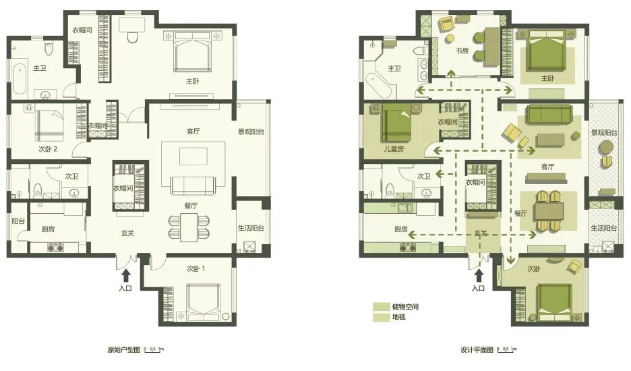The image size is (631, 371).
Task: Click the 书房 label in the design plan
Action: click(x=462, y=51)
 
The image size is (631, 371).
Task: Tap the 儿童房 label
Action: click(x=394, y=148)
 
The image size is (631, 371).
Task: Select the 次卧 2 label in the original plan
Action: click(x=48, y=149)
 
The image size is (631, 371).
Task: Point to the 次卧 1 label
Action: click(x=196, y=268)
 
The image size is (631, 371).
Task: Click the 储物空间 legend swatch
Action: click(x=381, y=306)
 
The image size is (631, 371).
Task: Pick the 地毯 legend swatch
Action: click(x=381, y=318)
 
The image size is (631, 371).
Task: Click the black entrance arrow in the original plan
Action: click(x=126, y=275)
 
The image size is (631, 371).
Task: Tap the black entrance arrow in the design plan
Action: click(x=479, y=275)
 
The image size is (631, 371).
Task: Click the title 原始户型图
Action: click(x=124, y=349)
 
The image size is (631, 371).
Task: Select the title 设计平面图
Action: click(x=477, y=349)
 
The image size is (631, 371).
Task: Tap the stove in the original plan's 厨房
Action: click(x=56, y=247)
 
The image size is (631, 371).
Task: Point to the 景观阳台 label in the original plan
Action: click(x=251, y=132)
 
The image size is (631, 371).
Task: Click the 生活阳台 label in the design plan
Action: click(x=603, y=228)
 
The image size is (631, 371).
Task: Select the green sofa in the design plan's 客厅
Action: click(x=549, y=115)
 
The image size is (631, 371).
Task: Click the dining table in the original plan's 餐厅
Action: click(x=189, y=227)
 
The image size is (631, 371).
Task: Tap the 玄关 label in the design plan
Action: click(x=481, y=233)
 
